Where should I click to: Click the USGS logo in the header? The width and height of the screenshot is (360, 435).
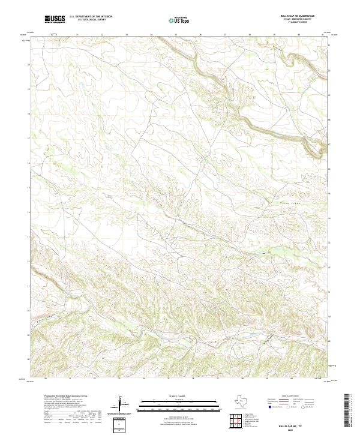click(55, 20)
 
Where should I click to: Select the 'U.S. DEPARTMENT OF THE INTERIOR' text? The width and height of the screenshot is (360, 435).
click(91, 17)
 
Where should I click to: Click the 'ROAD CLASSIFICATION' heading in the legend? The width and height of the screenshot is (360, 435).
click(291, 397)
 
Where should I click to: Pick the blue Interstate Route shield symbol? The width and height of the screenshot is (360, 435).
click(269, 407)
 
